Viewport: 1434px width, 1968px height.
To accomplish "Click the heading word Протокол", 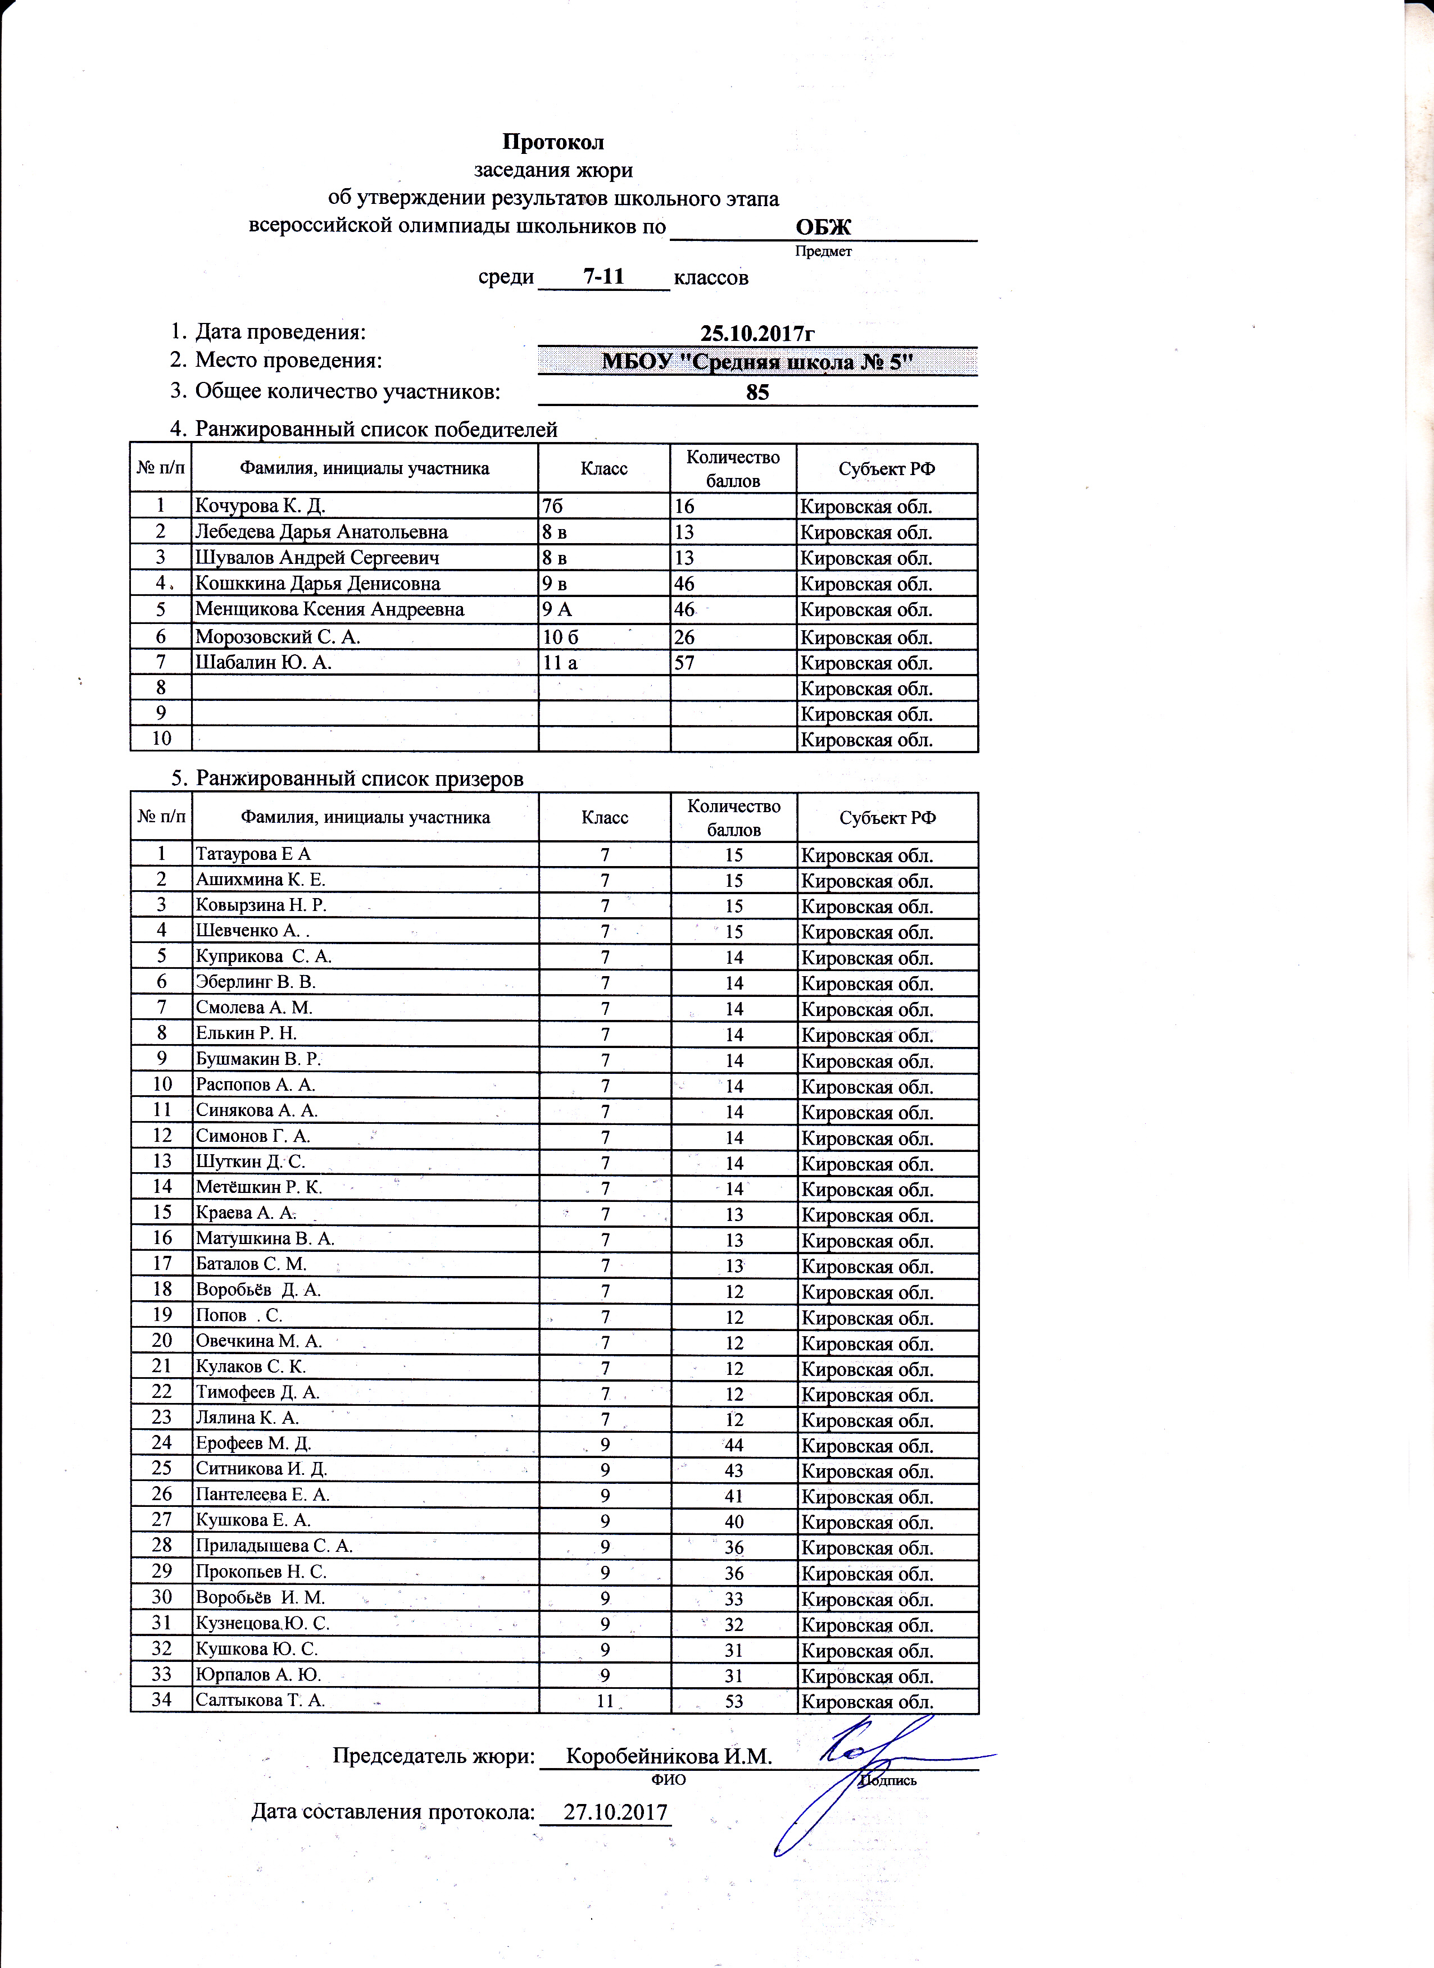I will (x=553, y=142).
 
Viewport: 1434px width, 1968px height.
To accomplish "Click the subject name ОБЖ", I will (x=823, y=227).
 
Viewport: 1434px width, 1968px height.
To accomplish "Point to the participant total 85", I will (x=757, y=392).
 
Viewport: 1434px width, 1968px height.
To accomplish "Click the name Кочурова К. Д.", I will (x=260, y=506).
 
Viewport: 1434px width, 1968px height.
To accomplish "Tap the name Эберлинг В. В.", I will (x=255, y=982).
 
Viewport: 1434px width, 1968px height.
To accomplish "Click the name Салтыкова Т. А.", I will (x=260, y=1700).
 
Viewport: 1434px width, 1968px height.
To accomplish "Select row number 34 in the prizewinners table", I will (x=161, y=1700).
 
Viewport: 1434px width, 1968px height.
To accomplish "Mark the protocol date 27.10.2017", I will (x=615, y=1812).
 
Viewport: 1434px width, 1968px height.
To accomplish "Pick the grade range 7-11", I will (x=603, y=277).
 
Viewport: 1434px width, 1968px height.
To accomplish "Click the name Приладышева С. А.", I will (x=274, y=1546).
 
